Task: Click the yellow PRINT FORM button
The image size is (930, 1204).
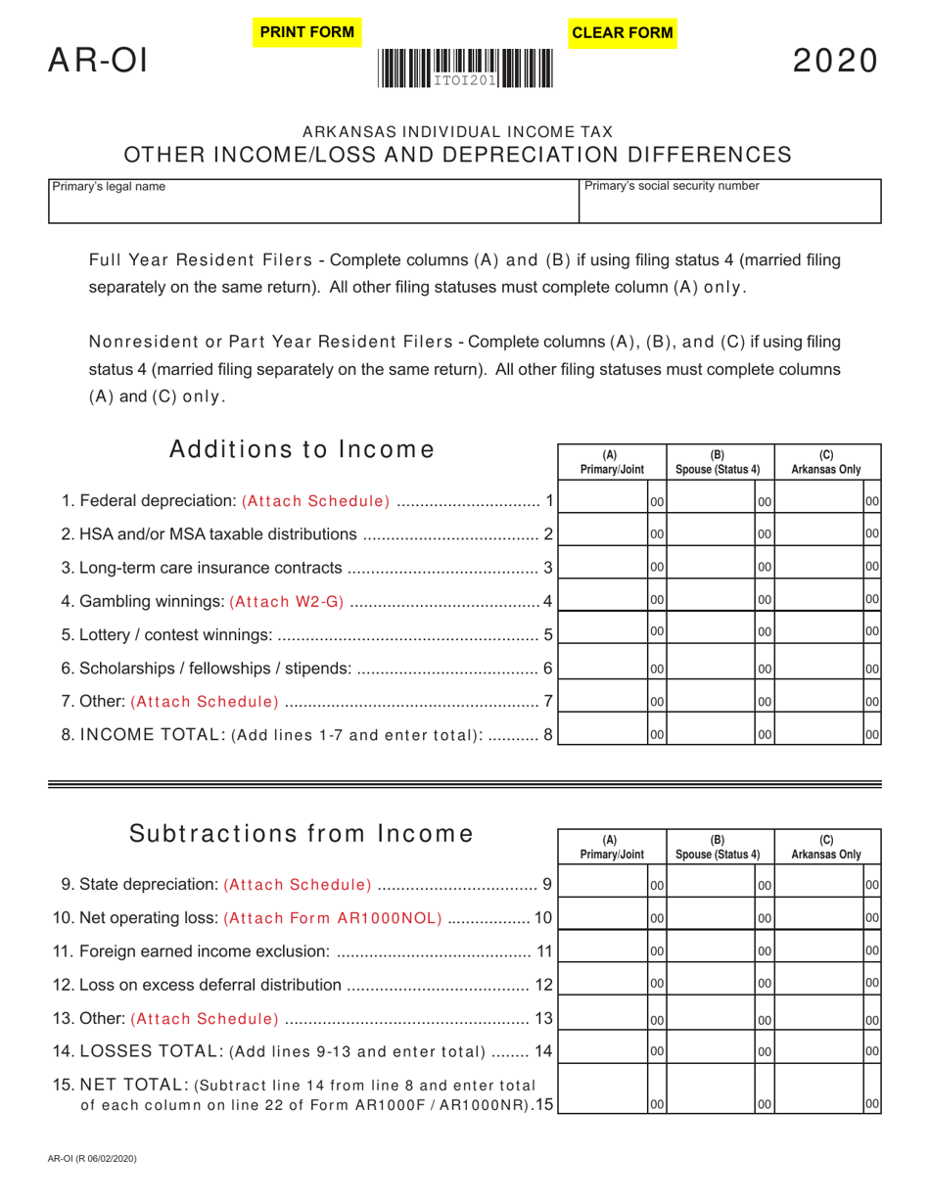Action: (305, 32)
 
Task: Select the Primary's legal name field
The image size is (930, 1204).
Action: (313, 202)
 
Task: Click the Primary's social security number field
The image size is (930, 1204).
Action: (730, 202)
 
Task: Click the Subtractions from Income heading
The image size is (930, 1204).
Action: (302, 834)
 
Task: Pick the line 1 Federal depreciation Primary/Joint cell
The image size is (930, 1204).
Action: (603, 500)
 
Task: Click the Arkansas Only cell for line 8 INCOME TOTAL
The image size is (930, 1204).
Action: (820, 733)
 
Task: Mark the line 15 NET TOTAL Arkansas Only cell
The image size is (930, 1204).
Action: (820, 1089)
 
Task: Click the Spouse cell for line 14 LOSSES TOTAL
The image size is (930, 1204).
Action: (712, 1045)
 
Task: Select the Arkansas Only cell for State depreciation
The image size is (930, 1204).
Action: (820, 884)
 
